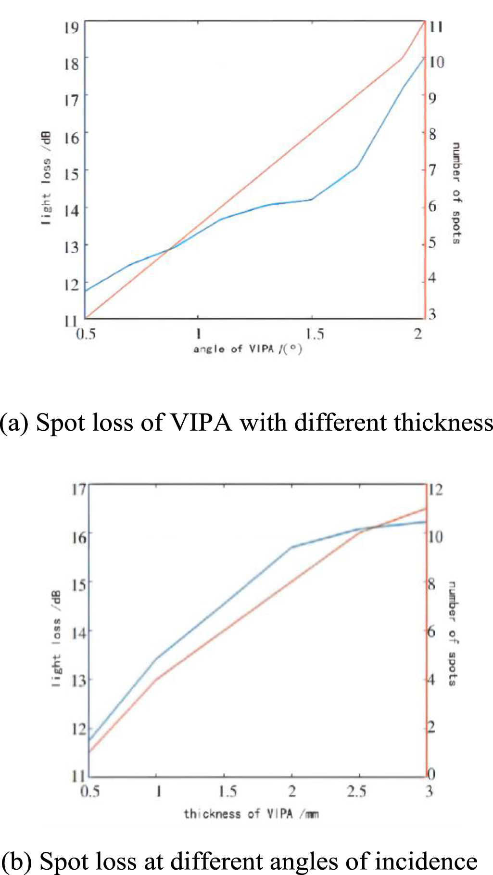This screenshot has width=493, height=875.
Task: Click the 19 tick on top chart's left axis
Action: [x=72, y=26]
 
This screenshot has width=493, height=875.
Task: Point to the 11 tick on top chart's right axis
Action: [x=436, y=26]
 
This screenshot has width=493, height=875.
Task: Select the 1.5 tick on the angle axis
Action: [x=315, y=334]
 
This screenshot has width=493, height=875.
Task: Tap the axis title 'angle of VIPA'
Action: [x=248, y=348]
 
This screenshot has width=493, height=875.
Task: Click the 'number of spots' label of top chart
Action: [x=456, y=193]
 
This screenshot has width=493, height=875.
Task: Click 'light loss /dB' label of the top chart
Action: [x=46, y=179]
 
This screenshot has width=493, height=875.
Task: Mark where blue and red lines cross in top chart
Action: [x=171, y=249]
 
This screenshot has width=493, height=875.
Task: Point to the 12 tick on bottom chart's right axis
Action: [x=435, y=489]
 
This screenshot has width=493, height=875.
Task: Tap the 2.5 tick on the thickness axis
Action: [x=356, y=791]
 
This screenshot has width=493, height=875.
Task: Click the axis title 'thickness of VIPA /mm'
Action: [x=251, y=814]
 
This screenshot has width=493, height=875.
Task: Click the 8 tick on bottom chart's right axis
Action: [x=431, y=584]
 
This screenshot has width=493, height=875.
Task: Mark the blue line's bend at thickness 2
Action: [x=291, y=547]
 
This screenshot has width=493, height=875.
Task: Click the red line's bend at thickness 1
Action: [x=156, y=679]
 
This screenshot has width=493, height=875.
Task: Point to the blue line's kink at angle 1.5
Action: [x=312, y=199]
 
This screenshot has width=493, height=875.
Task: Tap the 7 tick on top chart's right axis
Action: [x=432, y=169]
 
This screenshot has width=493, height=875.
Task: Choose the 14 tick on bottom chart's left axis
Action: [x=79, y=631]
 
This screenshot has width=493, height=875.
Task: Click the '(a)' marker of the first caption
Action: [x=14, y=423]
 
